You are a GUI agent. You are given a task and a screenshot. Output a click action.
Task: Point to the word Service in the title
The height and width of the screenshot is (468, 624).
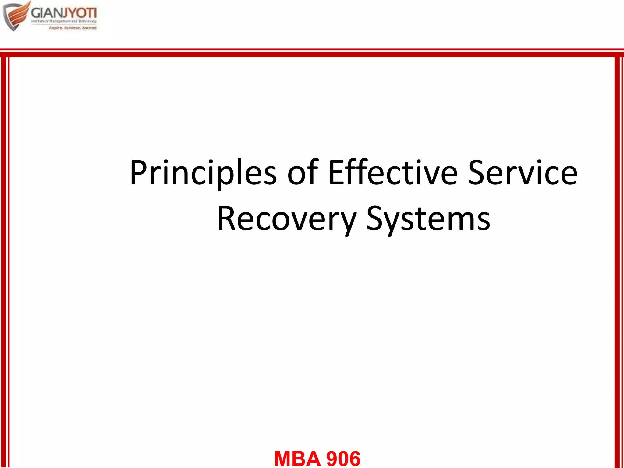523,173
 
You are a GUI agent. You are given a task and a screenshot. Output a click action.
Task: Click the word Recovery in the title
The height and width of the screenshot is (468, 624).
286,219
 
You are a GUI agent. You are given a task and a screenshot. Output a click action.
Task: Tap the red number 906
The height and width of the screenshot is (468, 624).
343,459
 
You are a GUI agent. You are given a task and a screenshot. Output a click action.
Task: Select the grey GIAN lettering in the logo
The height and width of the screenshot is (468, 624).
45,13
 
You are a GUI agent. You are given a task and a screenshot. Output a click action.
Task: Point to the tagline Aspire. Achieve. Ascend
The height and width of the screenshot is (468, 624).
73,28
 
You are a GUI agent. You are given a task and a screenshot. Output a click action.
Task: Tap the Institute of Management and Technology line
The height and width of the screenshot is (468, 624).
64,21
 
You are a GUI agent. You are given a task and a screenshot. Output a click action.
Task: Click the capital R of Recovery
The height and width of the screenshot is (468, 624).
227,219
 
